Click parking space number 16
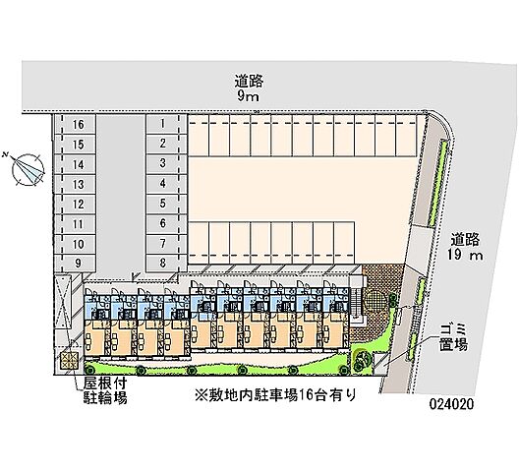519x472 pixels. click(78, 125)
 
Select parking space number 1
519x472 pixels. click(162, 124)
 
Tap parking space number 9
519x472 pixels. click(78, 264)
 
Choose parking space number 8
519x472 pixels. click(162, 263)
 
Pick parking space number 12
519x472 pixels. click(78, 204)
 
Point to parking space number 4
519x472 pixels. click(162, 183)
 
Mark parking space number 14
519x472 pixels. click(78, 164)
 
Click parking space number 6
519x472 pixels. click(162, 223)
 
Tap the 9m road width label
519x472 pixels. click(248, 96)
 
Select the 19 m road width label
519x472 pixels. click(465, 255)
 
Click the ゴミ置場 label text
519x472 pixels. click(453, 337)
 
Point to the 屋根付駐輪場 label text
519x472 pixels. click(105, 390)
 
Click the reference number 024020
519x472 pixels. click(451, 404)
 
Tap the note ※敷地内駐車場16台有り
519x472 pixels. click(275, 395)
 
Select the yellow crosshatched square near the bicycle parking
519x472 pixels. click(69, 360)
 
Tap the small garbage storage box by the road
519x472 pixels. click(380, 363)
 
